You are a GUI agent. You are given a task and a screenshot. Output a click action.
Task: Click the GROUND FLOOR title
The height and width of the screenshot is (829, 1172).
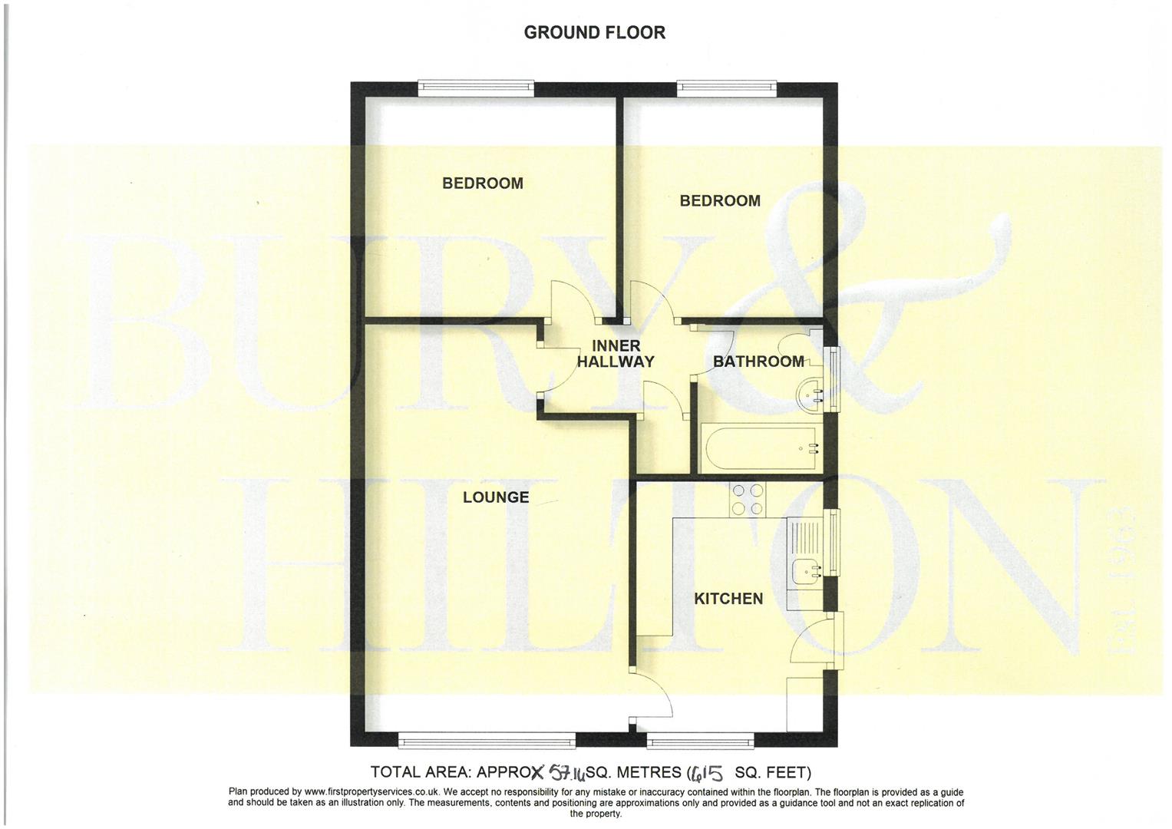(x=594, y=32)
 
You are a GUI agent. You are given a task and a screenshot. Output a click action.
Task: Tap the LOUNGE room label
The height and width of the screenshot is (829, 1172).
(x=496, y=497)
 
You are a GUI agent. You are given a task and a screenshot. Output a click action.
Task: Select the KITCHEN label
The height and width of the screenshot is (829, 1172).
(x=728, y=599)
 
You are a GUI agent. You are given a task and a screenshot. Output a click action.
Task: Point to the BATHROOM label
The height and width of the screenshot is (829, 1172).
(x=758, y=362)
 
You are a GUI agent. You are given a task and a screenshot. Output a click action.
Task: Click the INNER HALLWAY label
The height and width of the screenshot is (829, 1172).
(x=616, y=354)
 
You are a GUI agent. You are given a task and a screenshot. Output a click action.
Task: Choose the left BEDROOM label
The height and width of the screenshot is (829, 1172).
(x=482, y=183)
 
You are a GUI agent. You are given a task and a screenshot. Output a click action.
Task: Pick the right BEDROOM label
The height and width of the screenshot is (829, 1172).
(x=720, y=201)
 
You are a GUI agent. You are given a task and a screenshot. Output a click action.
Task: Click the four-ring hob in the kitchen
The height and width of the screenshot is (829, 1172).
(x=747, y=500)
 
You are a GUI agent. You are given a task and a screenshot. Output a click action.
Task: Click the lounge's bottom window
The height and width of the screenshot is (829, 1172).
(x=487, y=740)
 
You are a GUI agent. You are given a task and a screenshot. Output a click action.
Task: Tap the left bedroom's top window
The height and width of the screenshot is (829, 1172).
(x=476, y=88)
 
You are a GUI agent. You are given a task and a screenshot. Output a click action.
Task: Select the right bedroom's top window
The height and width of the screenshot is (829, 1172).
(x=727, y=88)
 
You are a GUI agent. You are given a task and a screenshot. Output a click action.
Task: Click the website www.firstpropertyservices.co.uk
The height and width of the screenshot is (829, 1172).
(x=371, y=792)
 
